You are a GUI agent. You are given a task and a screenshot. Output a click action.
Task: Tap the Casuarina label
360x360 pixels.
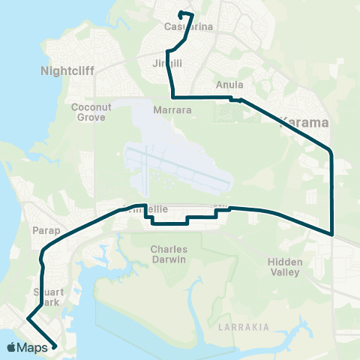tap(188, 27)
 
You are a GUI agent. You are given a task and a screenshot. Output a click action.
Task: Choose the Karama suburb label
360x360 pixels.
tap(303, 120)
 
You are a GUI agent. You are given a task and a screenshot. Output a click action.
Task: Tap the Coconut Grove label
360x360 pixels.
tap(91, 112)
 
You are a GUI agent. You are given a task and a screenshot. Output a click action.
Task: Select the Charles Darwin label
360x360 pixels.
tap(168, 253)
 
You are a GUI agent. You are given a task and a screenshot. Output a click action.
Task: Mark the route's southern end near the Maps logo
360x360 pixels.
tap(55, 346)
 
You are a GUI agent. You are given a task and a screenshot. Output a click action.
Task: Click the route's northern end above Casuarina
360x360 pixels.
tap(181, 13)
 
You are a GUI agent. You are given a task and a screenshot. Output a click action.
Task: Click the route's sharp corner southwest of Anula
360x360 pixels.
tap(173, 97)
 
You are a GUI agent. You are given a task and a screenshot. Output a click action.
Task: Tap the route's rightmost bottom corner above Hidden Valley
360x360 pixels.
tap(331, 233)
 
